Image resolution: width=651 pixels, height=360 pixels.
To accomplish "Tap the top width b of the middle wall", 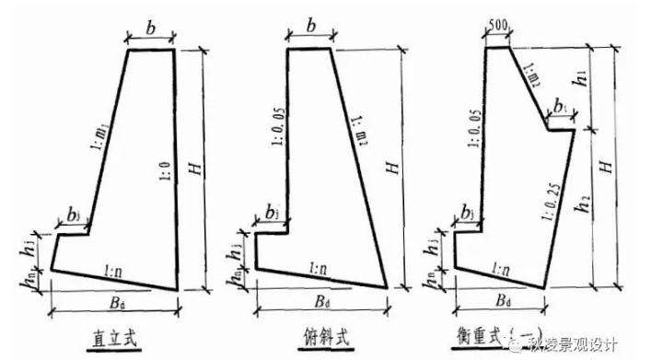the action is [x=311, y=29].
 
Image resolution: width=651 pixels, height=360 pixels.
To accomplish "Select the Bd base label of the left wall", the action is [x=110, y=305].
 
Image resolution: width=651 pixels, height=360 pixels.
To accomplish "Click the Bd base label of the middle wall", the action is [x=318, y=305].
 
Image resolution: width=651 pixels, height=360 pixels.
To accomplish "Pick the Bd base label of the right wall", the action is [x=504, y=303].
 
